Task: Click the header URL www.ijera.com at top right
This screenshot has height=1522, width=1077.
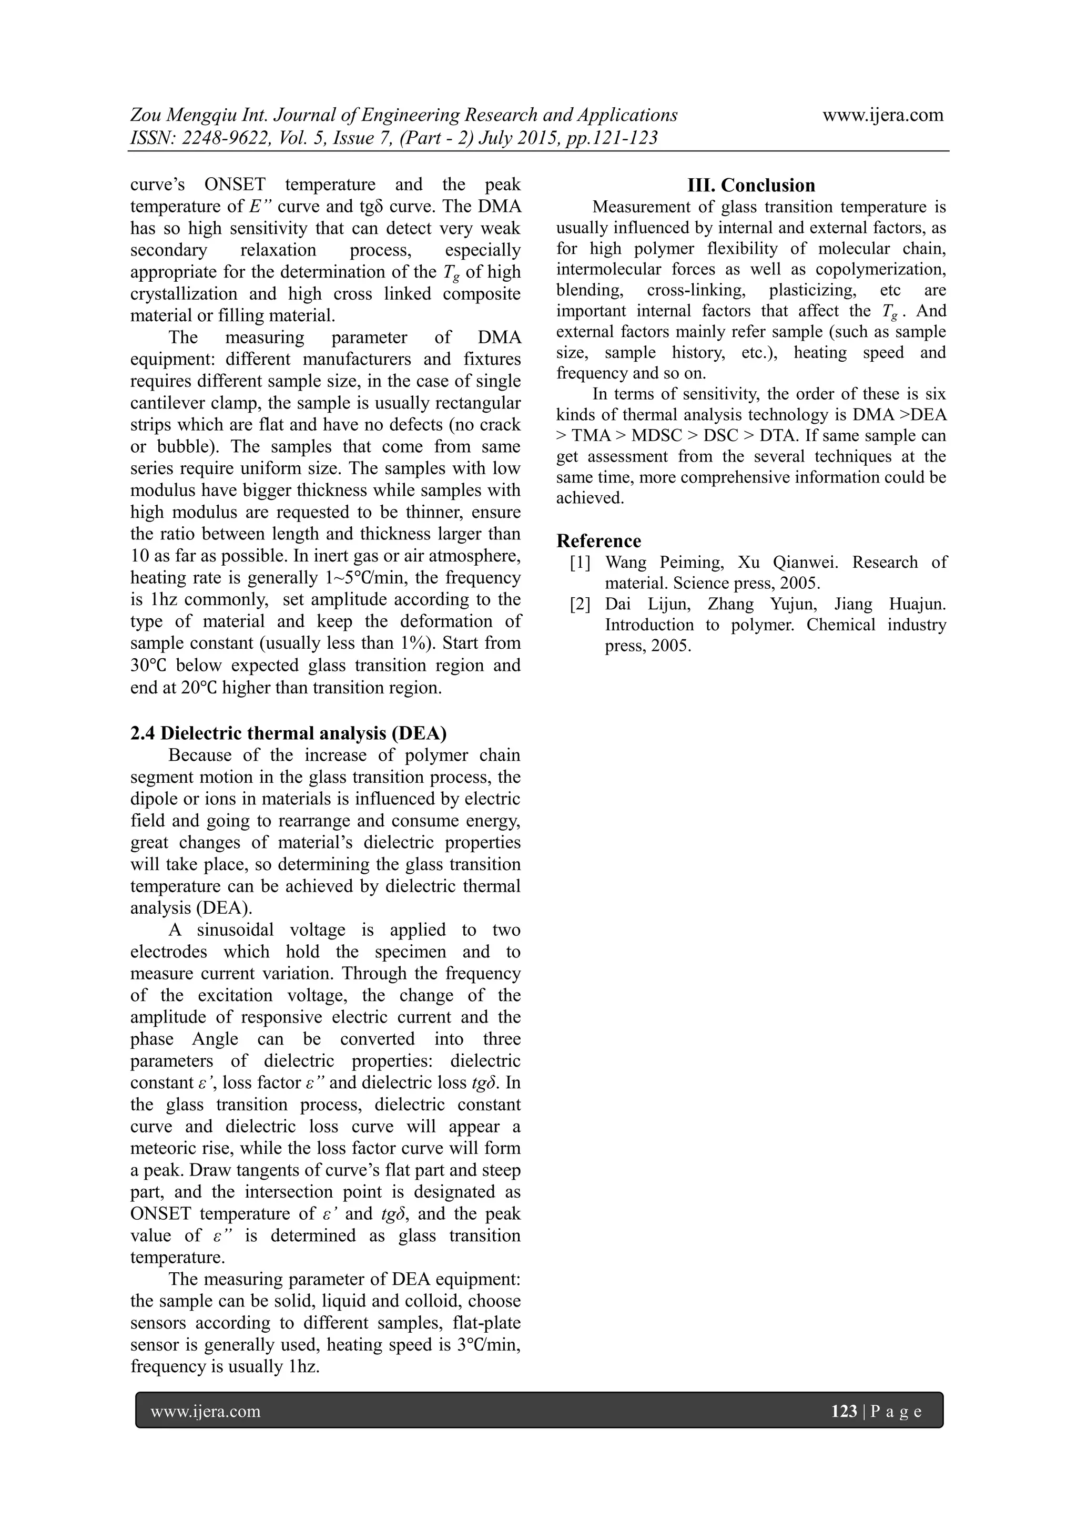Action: [883, 115]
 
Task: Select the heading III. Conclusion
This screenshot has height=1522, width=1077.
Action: [751, 185]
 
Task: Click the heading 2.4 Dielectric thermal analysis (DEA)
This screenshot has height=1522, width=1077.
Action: [289, 733]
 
